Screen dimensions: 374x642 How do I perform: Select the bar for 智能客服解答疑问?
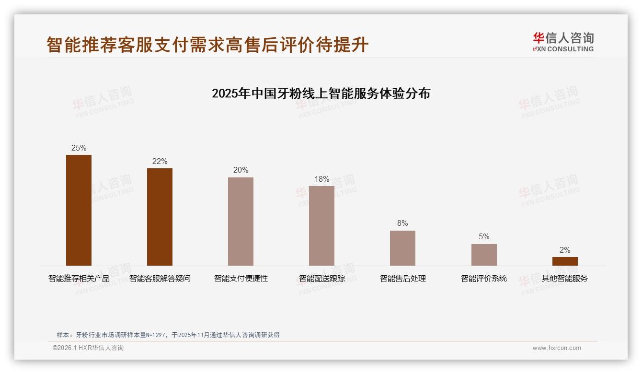pos(160,217)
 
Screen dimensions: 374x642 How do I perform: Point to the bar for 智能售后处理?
pos(402,248)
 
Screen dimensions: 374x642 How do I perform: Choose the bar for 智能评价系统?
pos(484,255)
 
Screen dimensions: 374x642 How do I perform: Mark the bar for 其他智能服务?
pos(565,261)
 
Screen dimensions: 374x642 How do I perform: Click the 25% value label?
pos(79,148)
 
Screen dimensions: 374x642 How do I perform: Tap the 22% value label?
pos(160,162)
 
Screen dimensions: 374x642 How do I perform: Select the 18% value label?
pos(321,179)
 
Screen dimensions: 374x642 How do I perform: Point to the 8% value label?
pos(402,223)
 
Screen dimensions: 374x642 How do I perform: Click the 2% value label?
pos(565,250)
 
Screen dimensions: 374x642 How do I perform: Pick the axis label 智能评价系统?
pos(484,279)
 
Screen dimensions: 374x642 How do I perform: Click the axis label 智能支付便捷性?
pos(241,279)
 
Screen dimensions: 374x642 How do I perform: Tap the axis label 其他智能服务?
pos(565,279)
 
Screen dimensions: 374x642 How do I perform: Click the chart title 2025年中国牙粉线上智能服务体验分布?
pos(321,93)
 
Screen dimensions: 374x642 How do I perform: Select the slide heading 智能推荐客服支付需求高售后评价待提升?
pos(207,45)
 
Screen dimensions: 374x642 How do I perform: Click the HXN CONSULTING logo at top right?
pos(563,42)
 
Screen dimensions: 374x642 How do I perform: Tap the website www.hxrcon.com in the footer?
pos(557,348)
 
